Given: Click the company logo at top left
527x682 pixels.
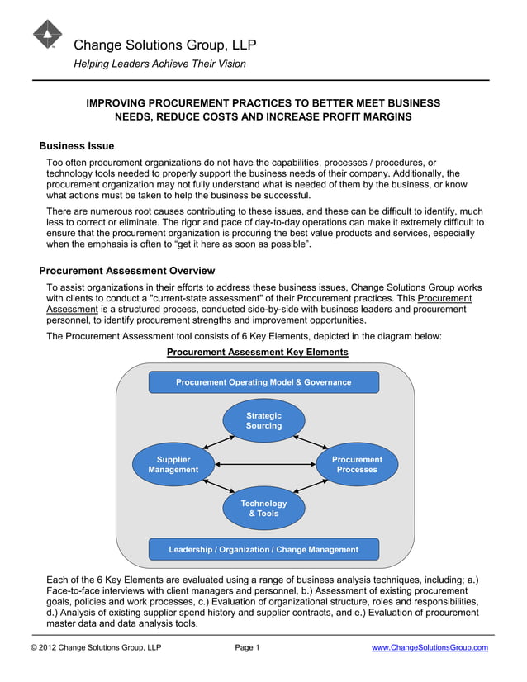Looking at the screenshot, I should [47, 35].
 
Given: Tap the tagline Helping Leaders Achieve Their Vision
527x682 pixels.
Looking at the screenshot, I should [159, 64].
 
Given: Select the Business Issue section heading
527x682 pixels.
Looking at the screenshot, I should [77, 146].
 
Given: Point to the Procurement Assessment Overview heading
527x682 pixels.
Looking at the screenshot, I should [127, 271].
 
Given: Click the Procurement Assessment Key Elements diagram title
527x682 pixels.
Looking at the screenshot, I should [257, 352].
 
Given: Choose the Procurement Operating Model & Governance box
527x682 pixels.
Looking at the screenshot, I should [263, 382].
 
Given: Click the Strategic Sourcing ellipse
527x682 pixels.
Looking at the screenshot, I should [263, 421].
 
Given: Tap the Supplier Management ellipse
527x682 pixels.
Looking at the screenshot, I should [173, 465].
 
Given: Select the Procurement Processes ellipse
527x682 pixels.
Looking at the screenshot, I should [357, 465].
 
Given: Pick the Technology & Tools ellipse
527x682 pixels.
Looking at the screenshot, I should [263, 509].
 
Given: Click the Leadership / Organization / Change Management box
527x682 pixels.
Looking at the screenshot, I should [263, 549].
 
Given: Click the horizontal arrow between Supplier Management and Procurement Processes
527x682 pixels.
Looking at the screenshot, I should [265, 465].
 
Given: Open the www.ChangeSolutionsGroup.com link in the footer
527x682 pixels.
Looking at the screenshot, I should [430, 647].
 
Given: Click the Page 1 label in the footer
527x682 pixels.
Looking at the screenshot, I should [247, 647].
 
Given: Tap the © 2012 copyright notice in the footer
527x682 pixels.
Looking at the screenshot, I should [96, 647].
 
